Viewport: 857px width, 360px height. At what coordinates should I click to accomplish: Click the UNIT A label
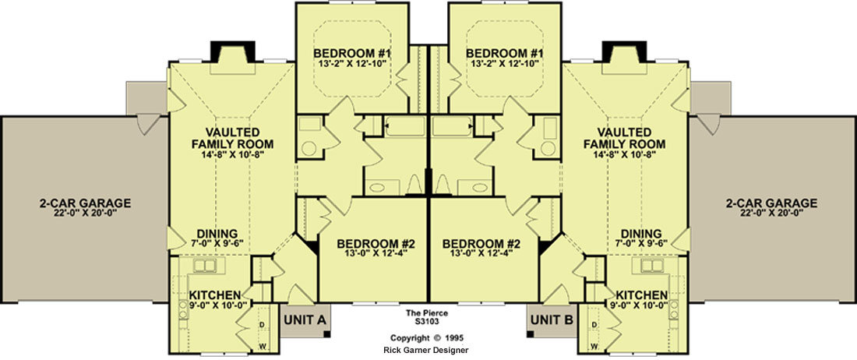(305, 320)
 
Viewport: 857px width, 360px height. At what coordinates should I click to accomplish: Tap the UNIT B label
(552, 320)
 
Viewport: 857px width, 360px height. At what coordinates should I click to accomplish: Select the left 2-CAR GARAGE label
(85, 203)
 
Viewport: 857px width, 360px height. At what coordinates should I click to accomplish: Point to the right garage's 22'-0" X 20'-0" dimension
(771, 214)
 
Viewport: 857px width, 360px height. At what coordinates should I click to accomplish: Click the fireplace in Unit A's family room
(233, 52)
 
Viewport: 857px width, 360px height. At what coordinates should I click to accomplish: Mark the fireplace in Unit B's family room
(624, 52)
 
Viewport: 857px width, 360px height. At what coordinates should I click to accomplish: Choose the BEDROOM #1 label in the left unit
(352, 54)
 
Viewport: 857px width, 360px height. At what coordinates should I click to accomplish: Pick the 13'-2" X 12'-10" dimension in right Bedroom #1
(505, 64)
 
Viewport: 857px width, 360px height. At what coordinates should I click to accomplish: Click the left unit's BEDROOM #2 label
(376, 243)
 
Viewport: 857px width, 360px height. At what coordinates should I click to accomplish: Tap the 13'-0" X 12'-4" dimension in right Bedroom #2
(481, 253)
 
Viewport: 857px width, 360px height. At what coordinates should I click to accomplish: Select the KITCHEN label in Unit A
(215, 295)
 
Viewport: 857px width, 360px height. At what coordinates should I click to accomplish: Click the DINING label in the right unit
(641, 233)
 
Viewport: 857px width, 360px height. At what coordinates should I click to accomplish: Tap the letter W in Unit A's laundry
(262, 346)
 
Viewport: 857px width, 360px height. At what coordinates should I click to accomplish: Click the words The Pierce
(428, 313)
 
